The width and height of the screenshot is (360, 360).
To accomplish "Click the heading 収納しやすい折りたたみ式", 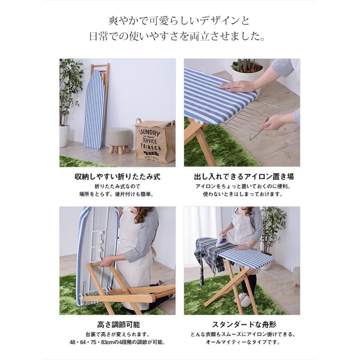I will [117, 176].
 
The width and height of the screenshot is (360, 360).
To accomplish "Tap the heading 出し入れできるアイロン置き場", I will [242, 176].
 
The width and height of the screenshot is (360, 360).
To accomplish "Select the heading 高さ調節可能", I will [117, 324].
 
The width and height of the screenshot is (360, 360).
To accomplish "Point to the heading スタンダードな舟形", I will [242, 324].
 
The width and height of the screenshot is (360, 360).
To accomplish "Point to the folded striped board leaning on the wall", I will [94, 108].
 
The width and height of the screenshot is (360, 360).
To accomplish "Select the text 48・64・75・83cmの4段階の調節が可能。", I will [117, 343].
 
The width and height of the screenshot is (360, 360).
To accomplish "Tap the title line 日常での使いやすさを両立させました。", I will [180, 38].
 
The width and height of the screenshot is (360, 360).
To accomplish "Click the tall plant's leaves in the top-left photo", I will [70, 88].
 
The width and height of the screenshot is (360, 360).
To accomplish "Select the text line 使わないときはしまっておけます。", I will [242, 195].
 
